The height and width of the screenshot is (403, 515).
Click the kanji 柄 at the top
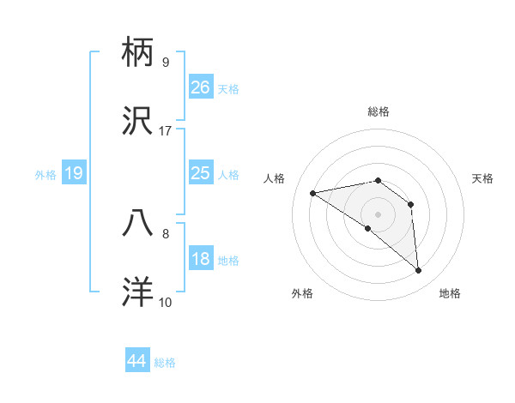139,53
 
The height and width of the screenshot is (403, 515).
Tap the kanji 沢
139,123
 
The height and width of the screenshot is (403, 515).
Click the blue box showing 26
201,87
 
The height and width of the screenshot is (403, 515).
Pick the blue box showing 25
201,173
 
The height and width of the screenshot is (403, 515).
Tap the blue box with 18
201,259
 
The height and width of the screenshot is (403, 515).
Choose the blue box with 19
74,173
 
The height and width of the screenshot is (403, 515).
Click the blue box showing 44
137,361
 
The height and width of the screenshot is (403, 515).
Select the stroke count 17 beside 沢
166,131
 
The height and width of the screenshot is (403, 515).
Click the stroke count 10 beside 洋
166,302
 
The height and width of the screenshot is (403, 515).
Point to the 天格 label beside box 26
228,88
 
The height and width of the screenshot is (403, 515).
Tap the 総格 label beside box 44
165,363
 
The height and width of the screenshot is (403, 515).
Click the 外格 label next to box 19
45,175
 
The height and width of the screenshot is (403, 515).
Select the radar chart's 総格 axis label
379,111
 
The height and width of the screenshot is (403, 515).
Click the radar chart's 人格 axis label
276,178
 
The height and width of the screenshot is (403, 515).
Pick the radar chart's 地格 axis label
450,293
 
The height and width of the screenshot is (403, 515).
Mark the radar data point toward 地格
418,271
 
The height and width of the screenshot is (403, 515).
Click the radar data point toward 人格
313,193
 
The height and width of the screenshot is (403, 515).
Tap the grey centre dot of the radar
379,214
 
